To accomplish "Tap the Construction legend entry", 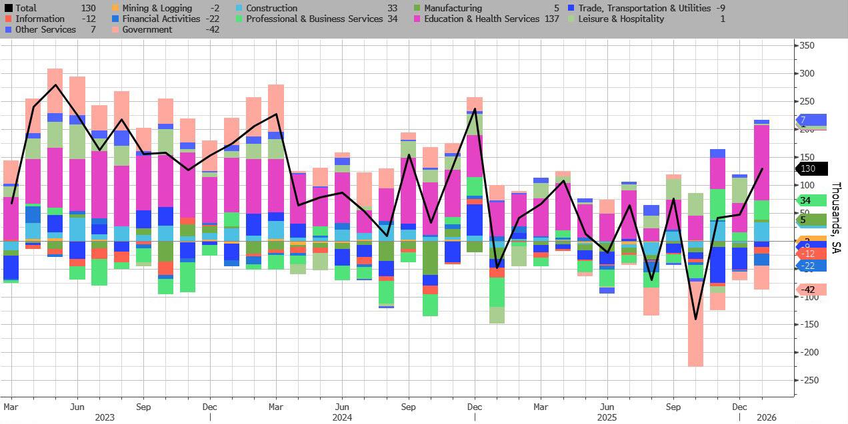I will tap(271, 9).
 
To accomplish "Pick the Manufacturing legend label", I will tap(453, 9).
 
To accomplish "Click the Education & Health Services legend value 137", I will tap(551, 19).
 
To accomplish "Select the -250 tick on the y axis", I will tap(810, 380).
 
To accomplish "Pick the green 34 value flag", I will tap(811, 201).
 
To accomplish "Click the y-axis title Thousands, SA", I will tap(837, 218).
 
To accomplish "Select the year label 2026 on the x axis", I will tap(766, 417).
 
